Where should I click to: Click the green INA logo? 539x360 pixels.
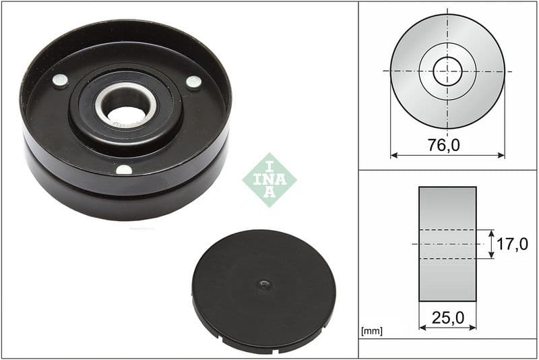(x=269, y=179)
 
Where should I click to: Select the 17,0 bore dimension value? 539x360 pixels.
(x=513, y=244)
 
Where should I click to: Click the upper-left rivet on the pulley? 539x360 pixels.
(x=60, y=81)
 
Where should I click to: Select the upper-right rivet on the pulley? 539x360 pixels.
(x=193, y=82)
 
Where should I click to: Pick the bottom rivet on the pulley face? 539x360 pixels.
(x=124, y=169)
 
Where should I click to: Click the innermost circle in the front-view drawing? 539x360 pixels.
(x=447, y=71)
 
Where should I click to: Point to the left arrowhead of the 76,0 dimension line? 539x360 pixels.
(x=393, y=155)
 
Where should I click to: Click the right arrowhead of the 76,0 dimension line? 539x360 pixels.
(x=501, y=155)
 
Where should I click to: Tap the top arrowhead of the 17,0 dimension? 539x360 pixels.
(x=493, y=233)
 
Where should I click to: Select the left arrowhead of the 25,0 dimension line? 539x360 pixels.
(x=422, y=327)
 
